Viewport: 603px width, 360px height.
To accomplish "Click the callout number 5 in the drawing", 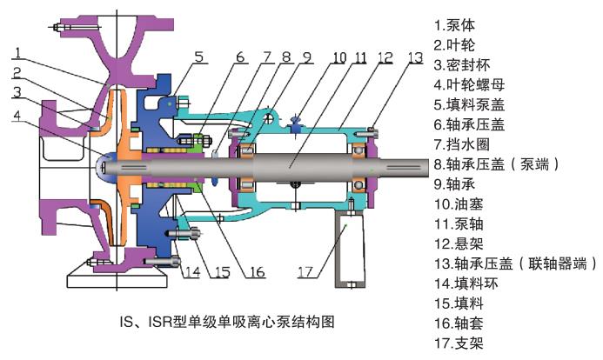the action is point(198,57).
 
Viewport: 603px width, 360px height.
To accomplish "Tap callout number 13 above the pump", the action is point(415,58).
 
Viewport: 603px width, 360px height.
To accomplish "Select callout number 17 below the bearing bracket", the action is point(305,272).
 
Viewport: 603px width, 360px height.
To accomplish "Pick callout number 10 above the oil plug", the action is point(339,58).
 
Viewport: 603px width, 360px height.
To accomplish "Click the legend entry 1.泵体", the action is point(454,25).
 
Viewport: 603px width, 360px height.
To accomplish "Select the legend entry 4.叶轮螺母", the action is point(469,85).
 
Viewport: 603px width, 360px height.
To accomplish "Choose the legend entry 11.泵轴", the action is point(459,224).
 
